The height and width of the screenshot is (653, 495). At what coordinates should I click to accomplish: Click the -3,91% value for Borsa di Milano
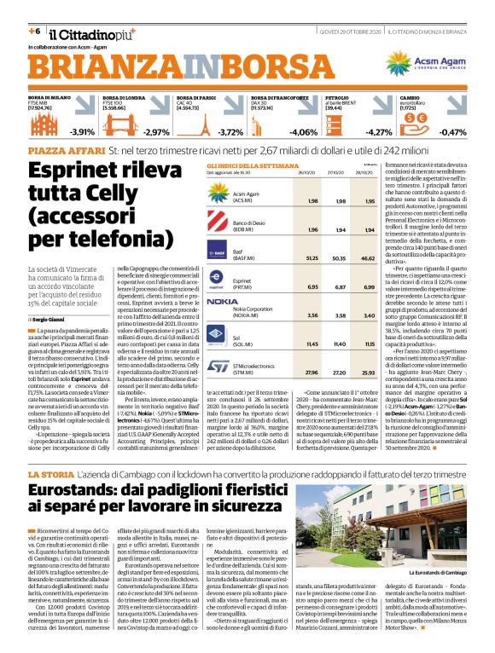click(x=82, y=132)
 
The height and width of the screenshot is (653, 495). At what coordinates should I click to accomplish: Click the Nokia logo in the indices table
click(x=222, y=301)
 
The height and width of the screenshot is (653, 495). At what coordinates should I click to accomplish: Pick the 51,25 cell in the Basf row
click(x=312, y=255)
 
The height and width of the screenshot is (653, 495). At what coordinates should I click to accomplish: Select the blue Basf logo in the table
click(x=219, y=254)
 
